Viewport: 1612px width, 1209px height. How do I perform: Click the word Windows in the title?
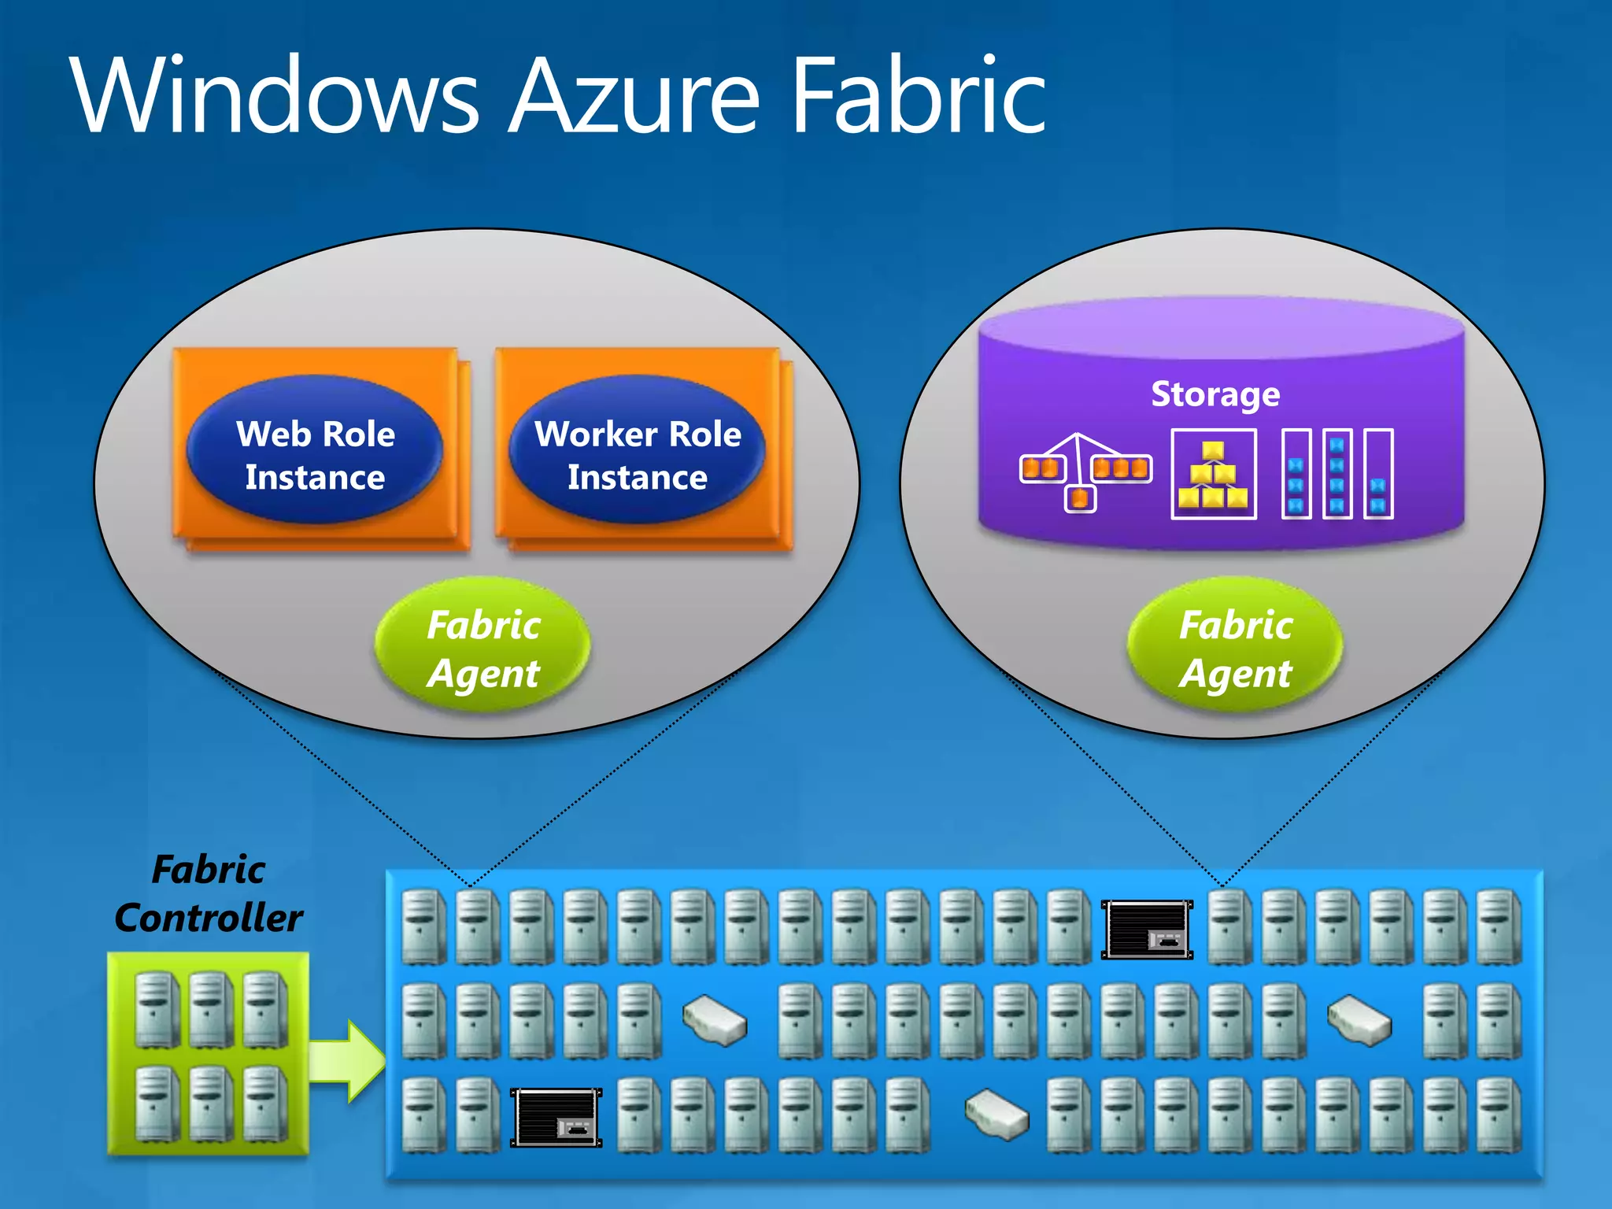pos(275,96)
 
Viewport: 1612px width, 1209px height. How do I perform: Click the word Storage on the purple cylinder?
pos(1215,394)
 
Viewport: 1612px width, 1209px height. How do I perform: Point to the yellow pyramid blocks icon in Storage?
pos(1213,475)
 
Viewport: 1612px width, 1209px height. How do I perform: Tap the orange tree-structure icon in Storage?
pos(1085,471)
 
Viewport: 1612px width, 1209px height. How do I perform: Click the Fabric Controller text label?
pos(209,893)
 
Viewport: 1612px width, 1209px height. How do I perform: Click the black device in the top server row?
pos(1147,929)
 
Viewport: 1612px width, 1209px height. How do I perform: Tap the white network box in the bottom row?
pos(996,1113)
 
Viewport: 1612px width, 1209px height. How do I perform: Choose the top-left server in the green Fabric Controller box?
pos(154,1009)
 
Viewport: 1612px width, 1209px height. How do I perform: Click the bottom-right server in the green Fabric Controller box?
pos(264,1104)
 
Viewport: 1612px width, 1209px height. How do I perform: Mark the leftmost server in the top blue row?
pos(423,926)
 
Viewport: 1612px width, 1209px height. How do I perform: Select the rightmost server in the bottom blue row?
pos(1498,1115)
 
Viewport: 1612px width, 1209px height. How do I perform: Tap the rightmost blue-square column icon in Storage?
pos(1377,475)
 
